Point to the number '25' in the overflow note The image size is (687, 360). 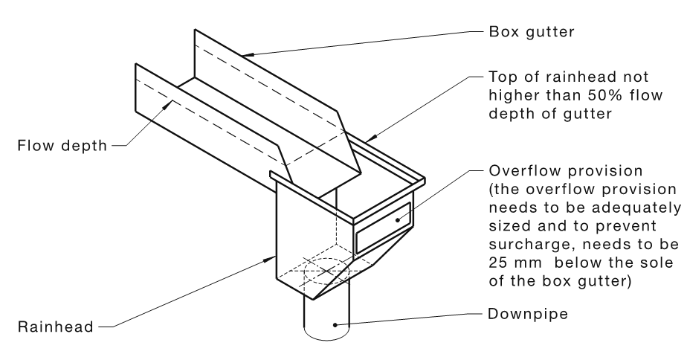pos(497,263)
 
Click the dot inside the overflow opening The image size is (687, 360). pos(398,219)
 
